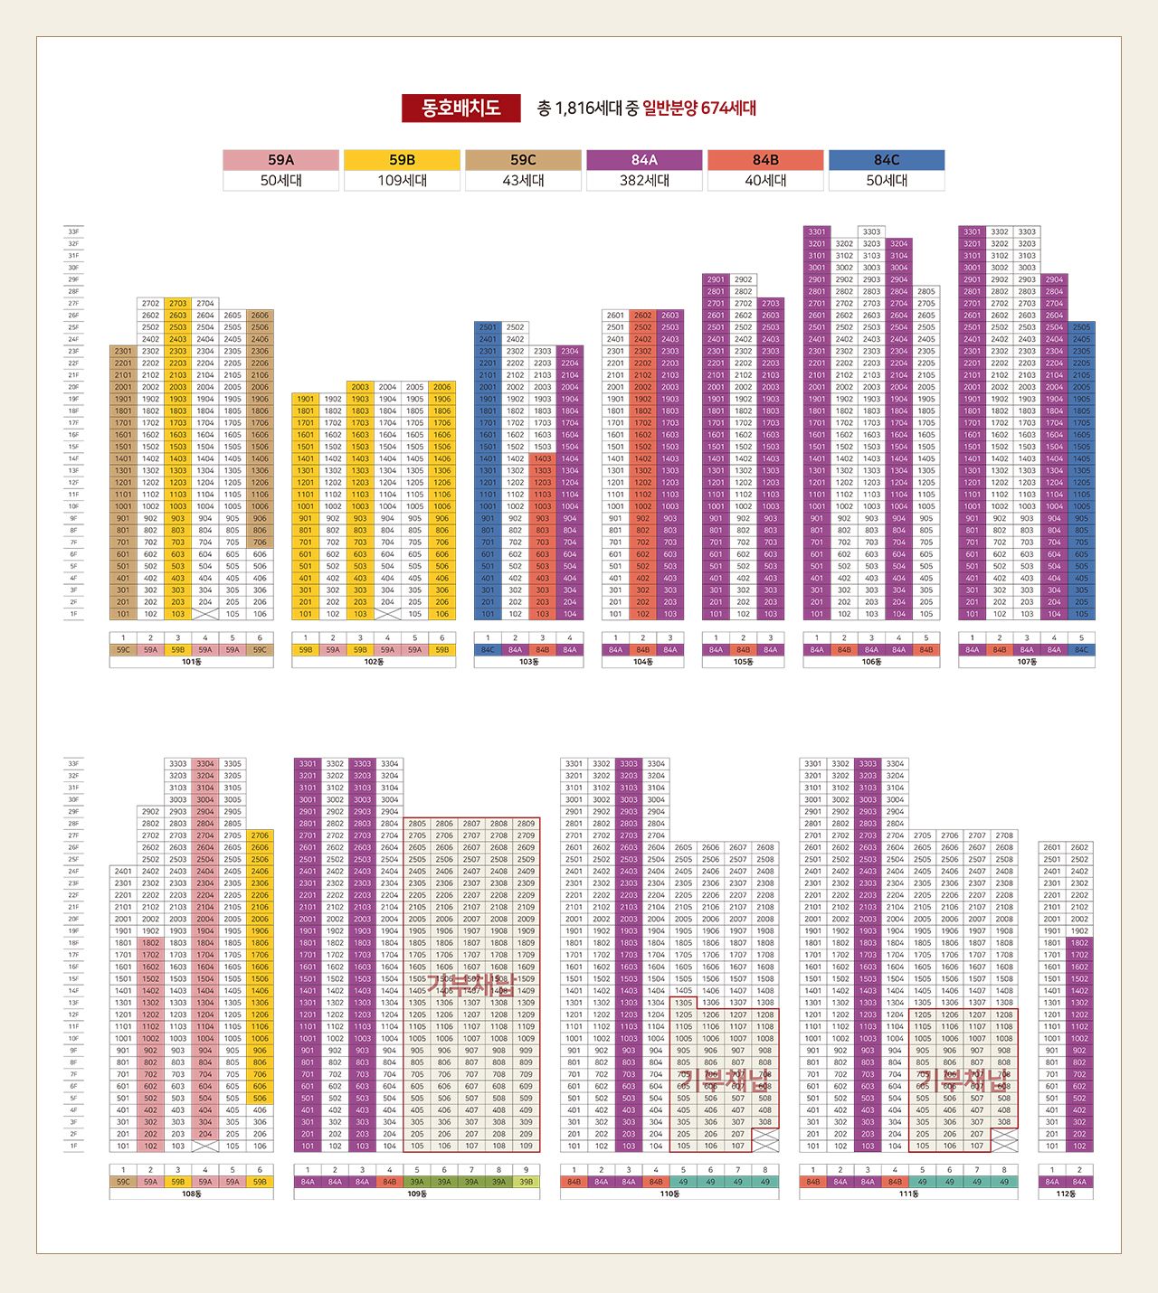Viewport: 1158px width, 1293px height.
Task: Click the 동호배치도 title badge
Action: (x=461, y=109)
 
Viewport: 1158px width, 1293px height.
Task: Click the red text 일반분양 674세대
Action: (x=699, y=109)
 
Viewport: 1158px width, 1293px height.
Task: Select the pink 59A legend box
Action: (x=281, y=160)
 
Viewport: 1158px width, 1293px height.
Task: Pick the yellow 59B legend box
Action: (x=402, y=160)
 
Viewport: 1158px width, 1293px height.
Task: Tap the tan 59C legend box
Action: (x=523, y=160)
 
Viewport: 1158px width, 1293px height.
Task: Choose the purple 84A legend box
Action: (x=644, y=160)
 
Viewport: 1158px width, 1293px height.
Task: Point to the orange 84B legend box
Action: (x=765, y=160)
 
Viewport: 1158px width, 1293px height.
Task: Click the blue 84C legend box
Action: (x=887, y=160)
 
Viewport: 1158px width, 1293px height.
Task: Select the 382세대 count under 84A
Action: (x=644, y=181)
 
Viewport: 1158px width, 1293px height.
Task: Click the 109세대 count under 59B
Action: (x=402, y=181)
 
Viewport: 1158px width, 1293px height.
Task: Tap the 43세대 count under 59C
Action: (x=523, y=181)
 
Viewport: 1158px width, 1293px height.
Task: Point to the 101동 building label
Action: (x=191, y=662)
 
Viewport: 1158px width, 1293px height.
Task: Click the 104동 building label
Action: (x=642, y=662)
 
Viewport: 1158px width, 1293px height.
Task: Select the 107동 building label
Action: (x=1026, y=662)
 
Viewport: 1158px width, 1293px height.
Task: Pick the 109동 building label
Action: (x=416, y=1194)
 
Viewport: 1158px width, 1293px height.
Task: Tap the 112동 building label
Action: (x=1066, y=1194)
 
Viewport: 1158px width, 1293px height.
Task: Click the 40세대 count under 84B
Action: (x=765, y=181)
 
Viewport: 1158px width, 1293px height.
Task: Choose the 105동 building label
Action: (x=743, y=662)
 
